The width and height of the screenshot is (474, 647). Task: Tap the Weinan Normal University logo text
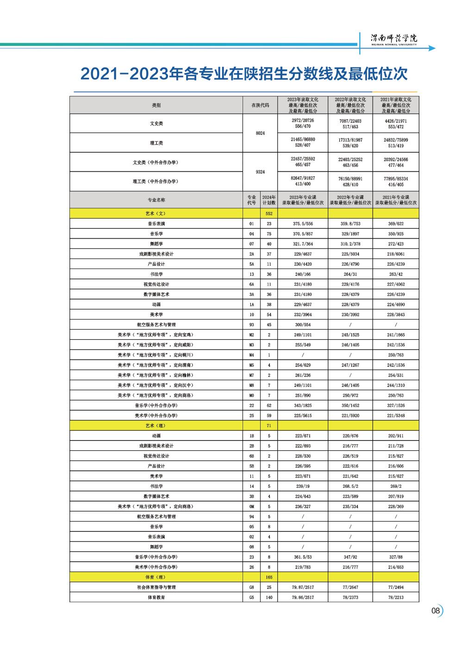[394, 39]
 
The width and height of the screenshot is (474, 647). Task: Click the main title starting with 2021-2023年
[244, 74]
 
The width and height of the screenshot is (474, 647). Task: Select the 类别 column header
[156, 105]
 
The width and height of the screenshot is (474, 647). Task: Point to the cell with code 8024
[260, 133]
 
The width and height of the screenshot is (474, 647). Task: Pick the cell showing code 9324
[260, 172]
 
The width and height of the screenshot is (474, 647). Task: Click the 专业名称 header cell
[156, 200]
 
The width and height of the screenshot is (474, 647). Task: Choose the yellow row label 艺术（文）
[156, 214]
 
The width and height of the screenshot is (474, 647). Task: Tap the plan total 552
[268, 214]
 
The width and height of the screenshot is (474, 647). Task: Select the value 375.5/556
[303, 224]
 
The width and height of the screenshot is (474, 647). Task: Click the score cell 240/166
[303, 274]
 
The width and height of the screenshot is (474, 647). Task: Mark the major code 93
[252, 325]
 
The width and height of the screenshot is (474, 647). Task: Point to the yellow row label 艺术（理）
[156, 426]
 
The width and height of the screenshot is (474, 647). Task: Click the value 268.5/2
[350, 486]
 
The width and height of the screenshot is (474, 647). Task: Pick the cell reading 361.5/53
[303, 557]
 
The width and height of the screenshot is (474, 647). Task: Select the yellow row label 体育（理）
[156, 577]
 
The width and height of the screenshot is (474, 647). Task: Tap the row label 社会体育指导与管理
[156, 587]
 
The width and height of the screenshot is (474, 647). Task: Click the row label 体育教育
[156, 597]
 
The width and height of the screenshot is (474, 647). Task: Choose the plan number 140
[268, 597]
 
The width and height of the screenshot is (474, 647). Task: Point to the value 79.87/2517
[303, 587]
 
